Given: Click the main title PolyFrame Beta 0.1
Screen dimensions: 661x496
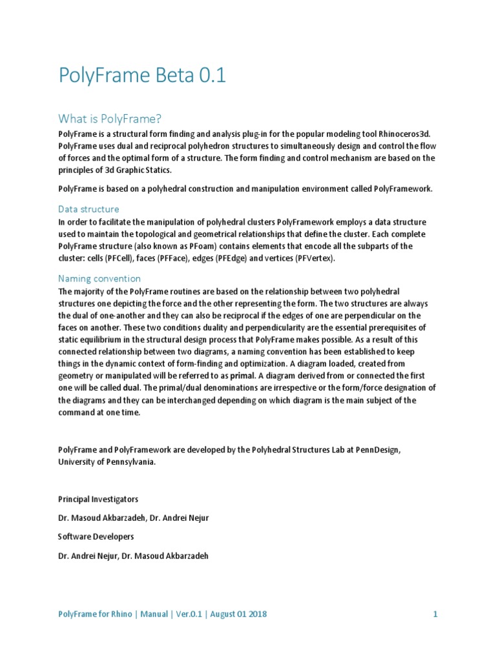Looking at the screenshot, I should point(142,76).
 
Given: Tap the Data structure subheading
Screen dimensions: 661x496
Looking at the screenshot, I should point(88,209).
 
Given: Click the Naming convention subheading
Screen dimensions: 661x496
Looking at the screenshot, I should point(99,278).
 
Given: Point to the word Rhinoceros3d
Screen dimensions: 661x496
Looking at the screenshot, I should point(407,132).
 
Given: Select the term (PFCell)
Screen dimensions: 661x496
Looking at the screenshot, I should point(116,258).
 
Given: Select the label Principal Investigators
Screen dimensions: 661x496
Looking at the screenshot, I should point(98,500).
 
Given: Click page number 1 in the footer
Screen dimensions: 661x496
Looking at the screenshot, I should point(435,614).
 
